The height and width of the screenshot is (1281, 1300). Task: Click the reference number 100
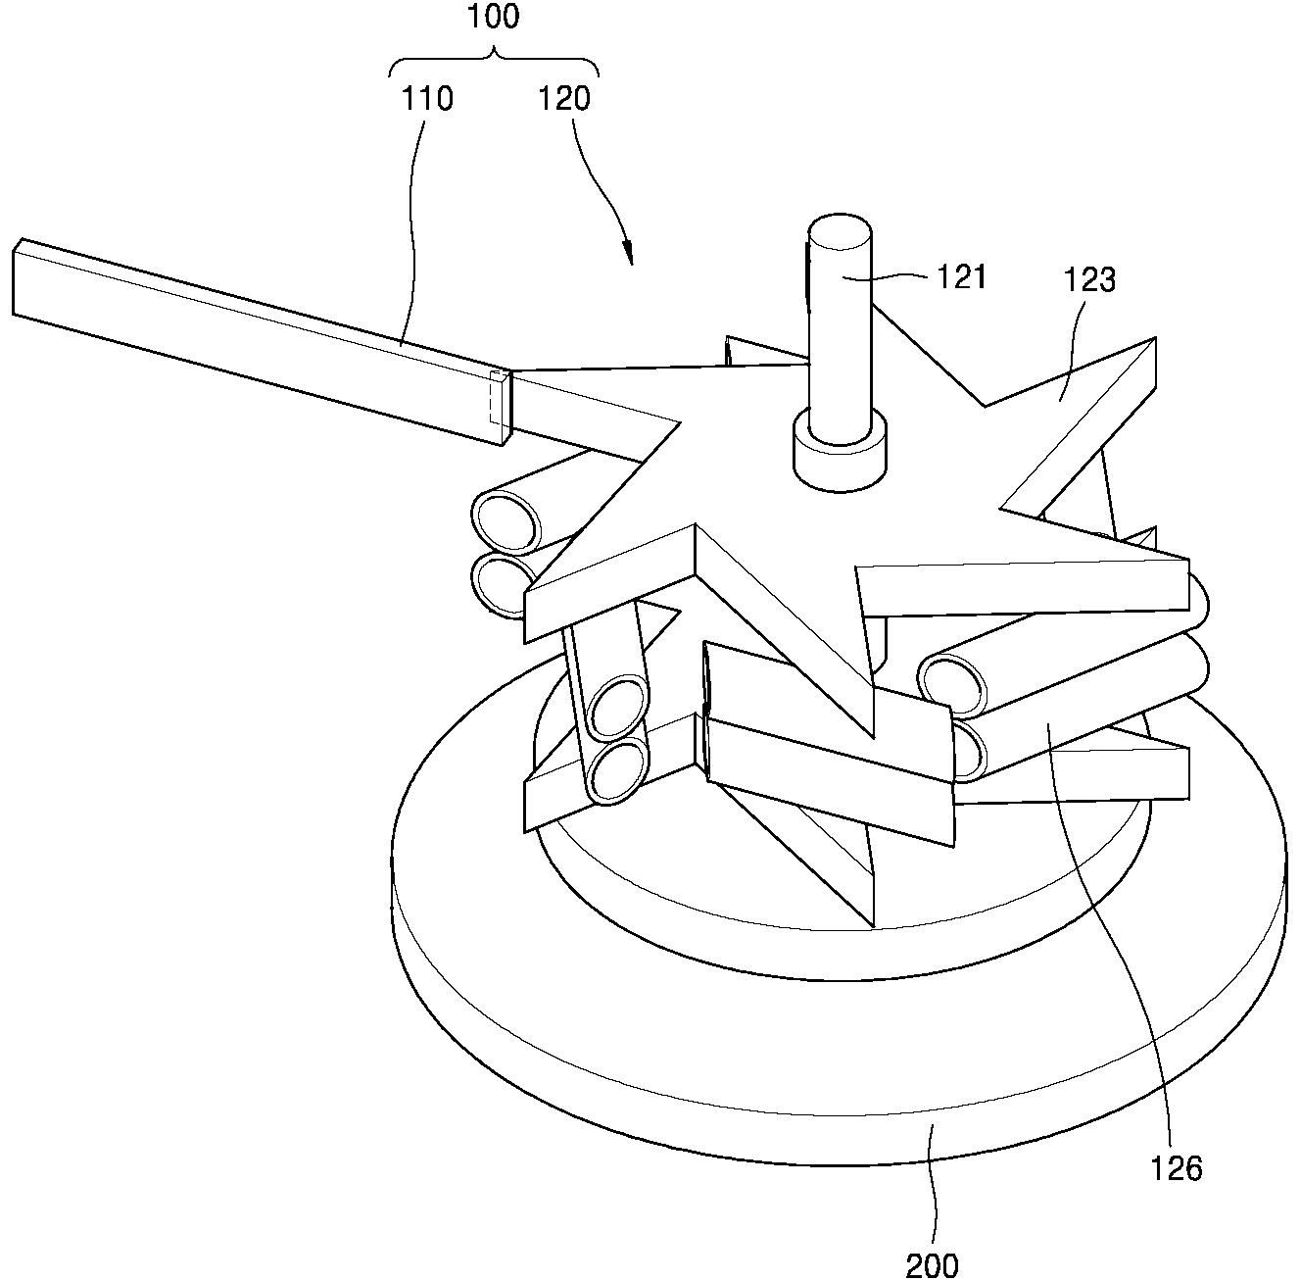(494, 17)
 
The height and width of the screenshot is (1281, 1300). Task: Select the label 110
(426, 99)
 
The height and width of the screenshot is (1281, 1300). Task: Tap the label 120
(564, 99)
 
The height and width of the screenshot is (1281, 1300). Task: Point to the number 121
(961, 276)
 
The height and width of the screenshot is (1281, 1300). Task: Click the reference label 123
(1089, 279)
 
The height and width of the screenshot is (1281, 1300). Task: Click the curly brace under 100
(495, 61)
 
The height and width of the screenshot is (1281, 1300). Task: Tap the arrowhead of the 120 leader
(629, 255)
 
